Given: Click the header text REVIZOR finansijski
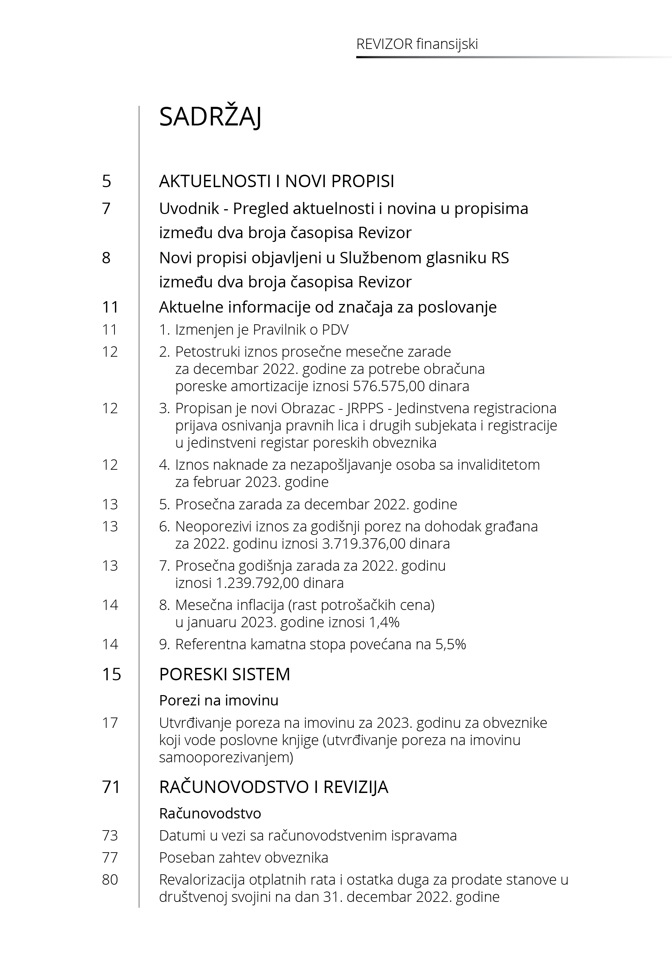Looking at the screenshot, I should (x=417, y=44).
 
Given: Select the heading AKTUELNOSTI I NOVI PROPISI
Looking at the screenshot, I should (x=277, y=181).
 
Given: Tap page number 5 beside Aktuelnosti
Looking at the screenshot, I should (x=107, y=181).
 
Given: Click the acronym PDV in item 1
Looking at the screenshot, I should (x=335, y=329).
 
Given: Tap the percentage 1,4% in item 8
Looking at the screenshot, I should (x=383, y=622).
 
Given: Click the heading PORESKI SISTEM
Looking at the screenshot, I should (x=224, y=674).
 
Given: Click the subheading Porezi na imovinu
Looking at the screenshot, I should (x=219, y=701).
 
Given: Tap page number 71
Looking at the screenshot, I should (x=111, y=787).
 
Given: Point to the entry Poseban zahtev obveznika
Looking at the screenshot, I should (x=243, y=857).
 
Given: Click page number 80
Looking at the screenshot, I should (x=110, y=880).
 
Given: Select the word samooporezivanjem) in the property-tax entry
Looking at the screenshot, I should (x=226, y=758).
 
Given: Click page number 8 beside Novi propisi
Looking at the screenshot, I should (x=106, y=258).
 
